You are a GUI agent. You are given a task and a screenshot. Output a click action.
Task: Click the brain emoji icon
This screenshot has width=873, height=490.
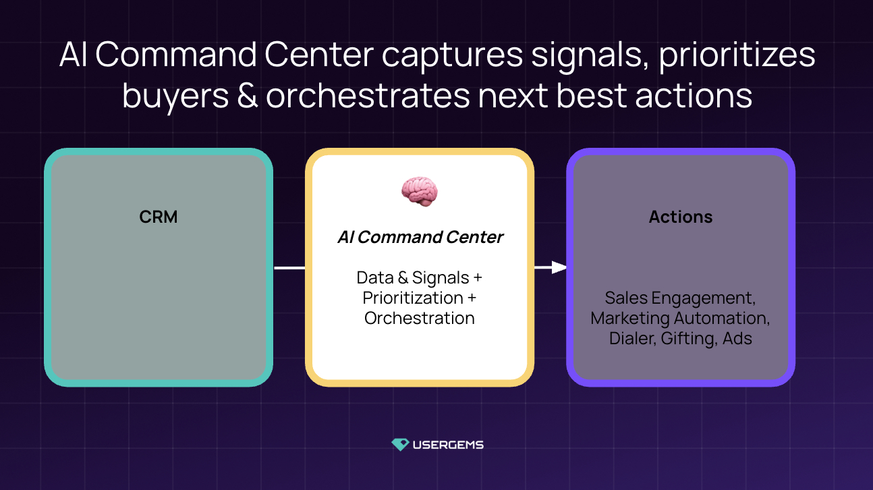click(x=419, y=191)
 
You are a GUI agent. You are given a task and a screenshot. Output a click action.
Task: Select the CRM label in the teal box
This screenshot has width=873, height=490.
click(x=159, y=217)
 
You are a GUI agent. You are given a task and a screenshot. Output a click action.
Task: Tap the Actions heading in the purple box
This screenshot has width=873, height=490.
click(x=681, y=217)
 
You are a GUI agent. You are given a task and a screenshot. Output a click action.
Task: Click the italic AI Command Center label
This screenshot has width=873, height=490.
click(x=420, y=238)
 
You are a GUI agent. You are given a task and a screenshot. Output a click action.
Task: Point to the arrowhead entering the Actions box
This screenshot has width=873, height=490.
click(x=559, y=267)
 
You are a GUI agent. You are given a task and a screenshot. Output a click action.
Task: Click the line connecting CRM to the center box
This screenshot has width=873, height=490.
click(x=289, y=268)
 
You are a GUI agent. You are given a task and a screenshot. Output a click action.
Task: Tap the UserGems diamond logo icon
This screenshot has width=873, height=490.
click(x=400, y=445)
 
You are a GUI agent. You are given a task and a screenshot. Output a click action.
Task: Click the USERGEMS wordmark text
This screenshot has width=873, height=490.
click(x=448, y=445)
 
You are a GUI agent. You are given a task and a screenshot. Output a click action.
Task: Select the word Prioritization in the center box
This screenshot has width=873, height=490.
click(x=412, y=298)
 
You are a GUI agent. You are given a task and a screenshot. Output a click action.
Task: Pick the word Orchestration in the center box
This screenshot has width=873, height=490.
click(x=420, y=318)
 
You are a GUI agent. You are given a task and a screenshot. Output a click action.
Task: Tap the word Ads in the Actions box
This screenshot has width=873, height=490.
click(x=737, y=338)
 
